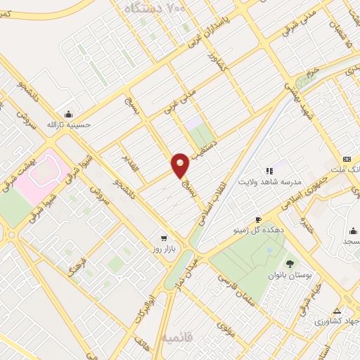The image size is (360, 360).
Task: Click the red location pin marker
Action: pyautogui.click(x=181, y=165)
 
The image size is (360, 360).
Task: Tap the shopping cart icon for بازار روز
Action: pyautogui.click(x=164, y=238)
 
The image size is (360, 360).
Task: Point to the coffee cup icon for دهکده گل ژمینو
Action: pyautogui.click(x=258, y=219)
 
